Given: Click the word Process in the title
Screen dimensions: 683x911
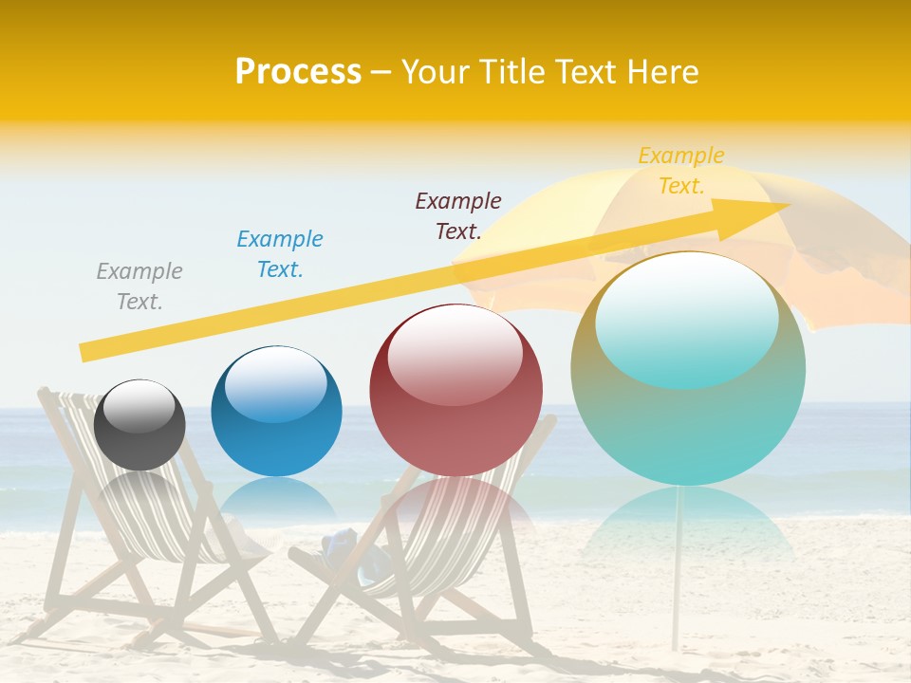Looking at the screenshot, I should pos(298,72).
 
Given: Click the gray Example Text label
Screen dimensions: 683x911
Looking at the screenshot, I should pos(139,286).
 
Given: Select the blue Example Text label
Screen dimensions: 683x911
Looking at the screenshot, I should pos(280,254).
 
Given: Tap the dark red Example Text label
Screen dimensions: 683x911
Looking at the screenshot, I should pos(458,216).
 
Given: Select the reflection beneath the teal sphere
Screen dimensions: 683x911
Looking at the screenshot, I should pos(688,522).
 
